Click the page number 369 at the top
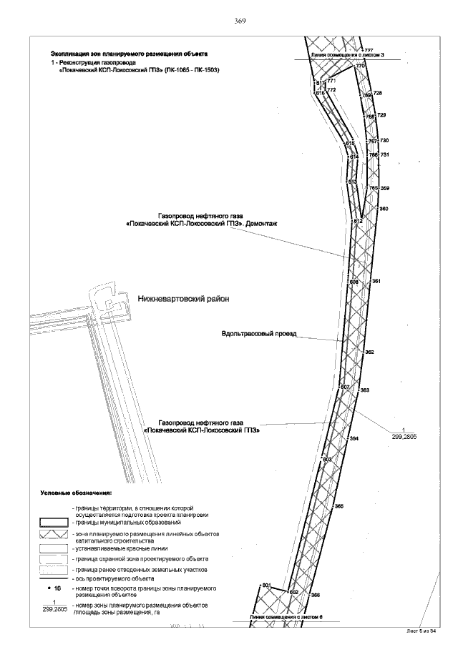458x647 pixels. point(240,21)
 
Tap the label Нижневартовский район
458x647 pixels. point(182,299)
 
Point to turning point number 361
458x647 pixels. point(376,282)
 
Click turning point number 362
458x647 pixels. point(370,352)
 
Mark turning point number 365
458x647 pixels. point(339,506)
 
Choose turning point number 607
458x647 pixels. point(344,387)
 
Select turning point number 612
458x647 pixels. point(359,222)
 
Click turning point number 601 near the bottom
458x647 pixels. point(265,586)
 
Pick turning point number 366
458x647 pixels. point(315,595)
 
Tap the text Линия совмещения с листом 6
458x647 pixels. point(287,616)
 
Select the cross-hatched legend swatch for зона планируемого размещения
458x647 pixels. point(54,535)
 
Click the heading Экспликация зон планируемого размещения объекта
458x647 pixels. point(129,54)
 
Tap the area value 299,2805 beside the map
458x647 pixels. point(404,435)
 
